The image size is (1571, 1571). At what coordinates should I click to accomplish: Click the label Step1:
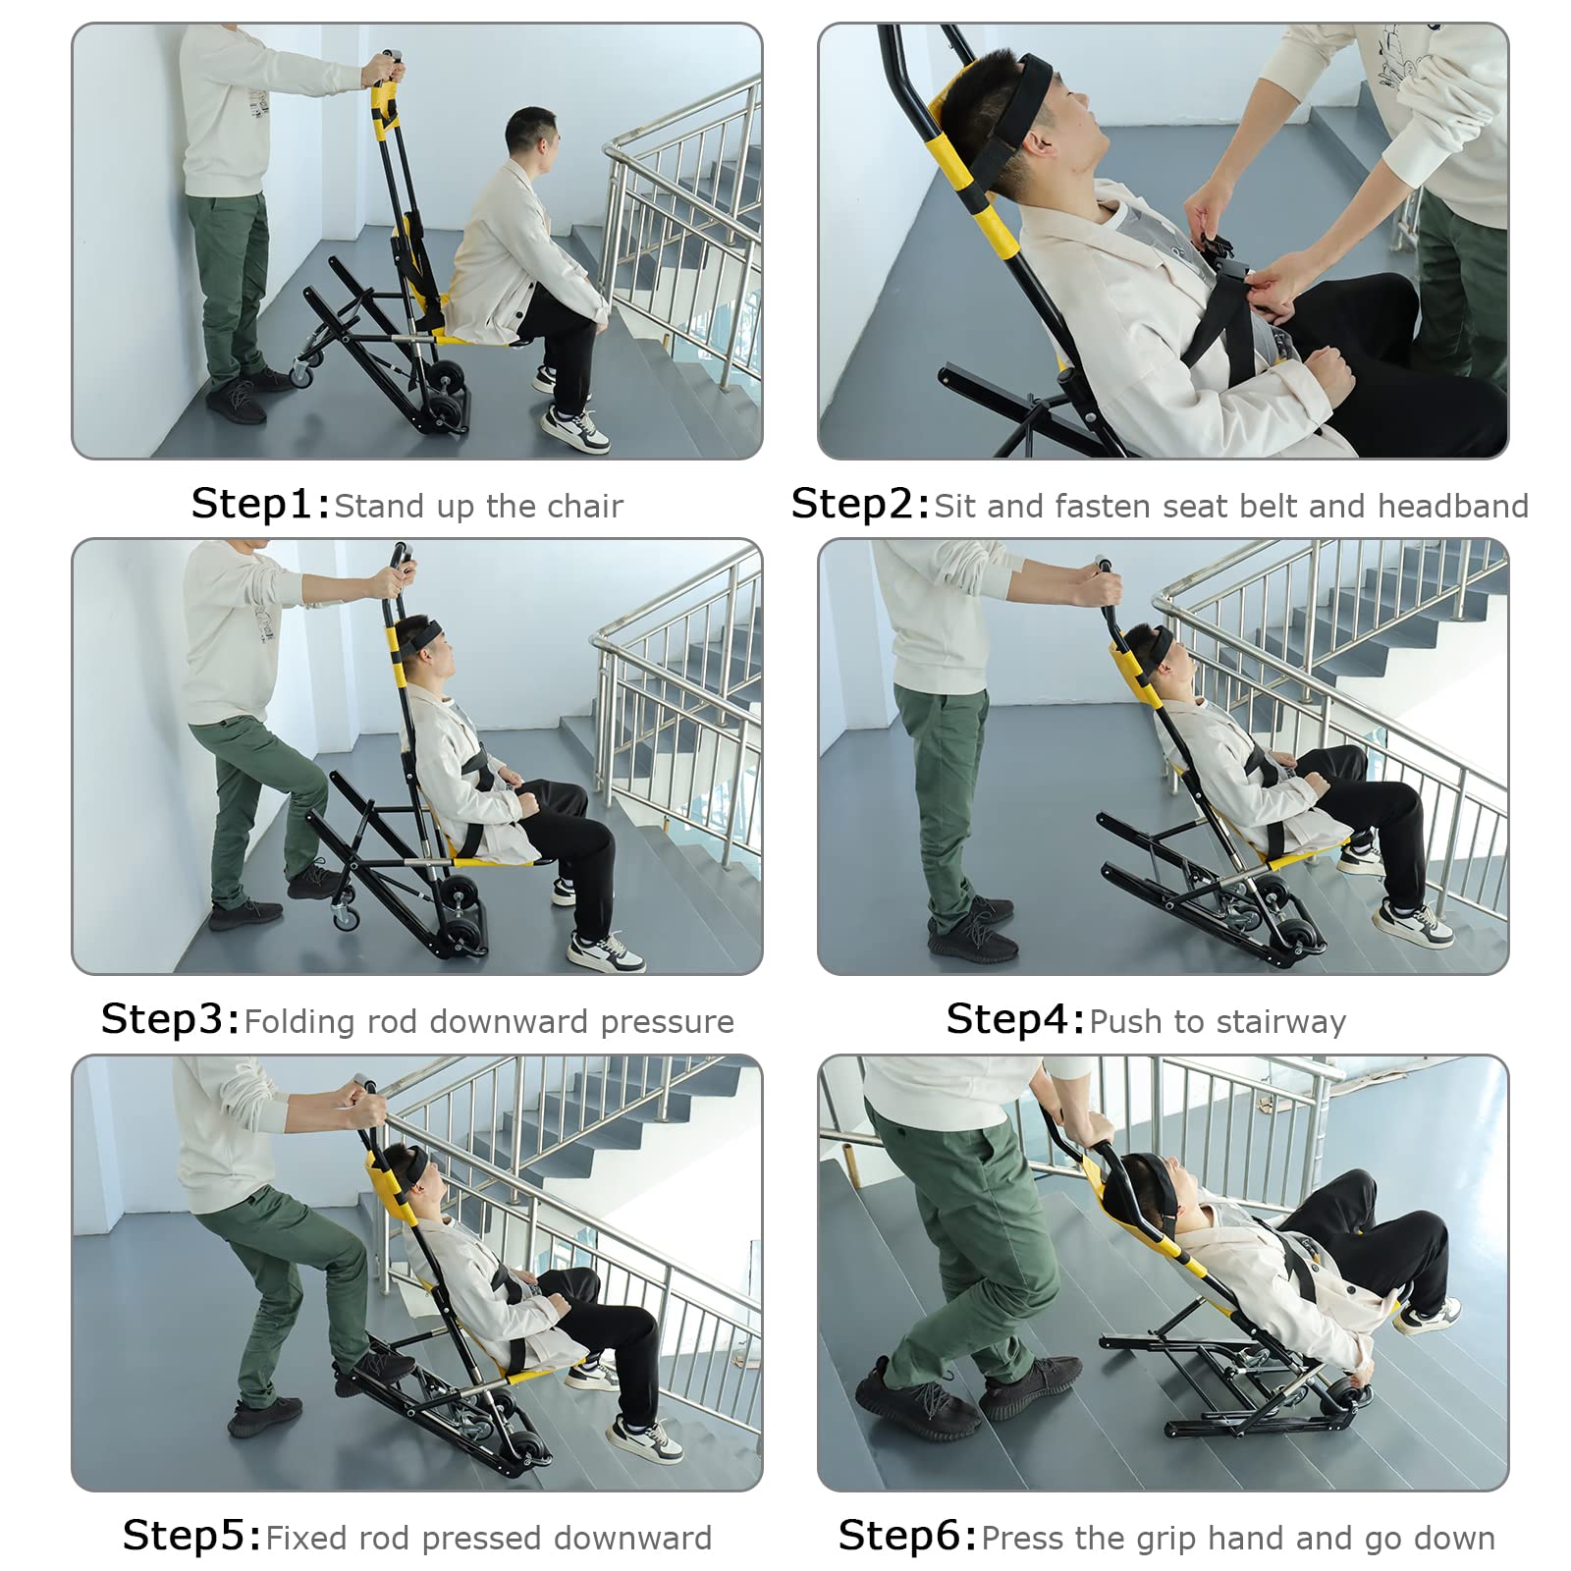tap(261, 504)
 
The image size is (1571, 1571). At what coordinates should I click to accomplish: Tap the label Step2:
tap(861, 504)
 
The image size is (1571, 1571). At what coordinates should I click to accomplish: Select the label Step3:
tap(171, 1019)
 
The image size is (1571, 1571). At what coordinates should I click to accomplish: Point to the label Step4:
tap(1016, 1019)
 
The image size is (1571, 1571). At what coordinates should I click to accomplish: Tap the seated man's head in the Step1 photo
tap(531, 137)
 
